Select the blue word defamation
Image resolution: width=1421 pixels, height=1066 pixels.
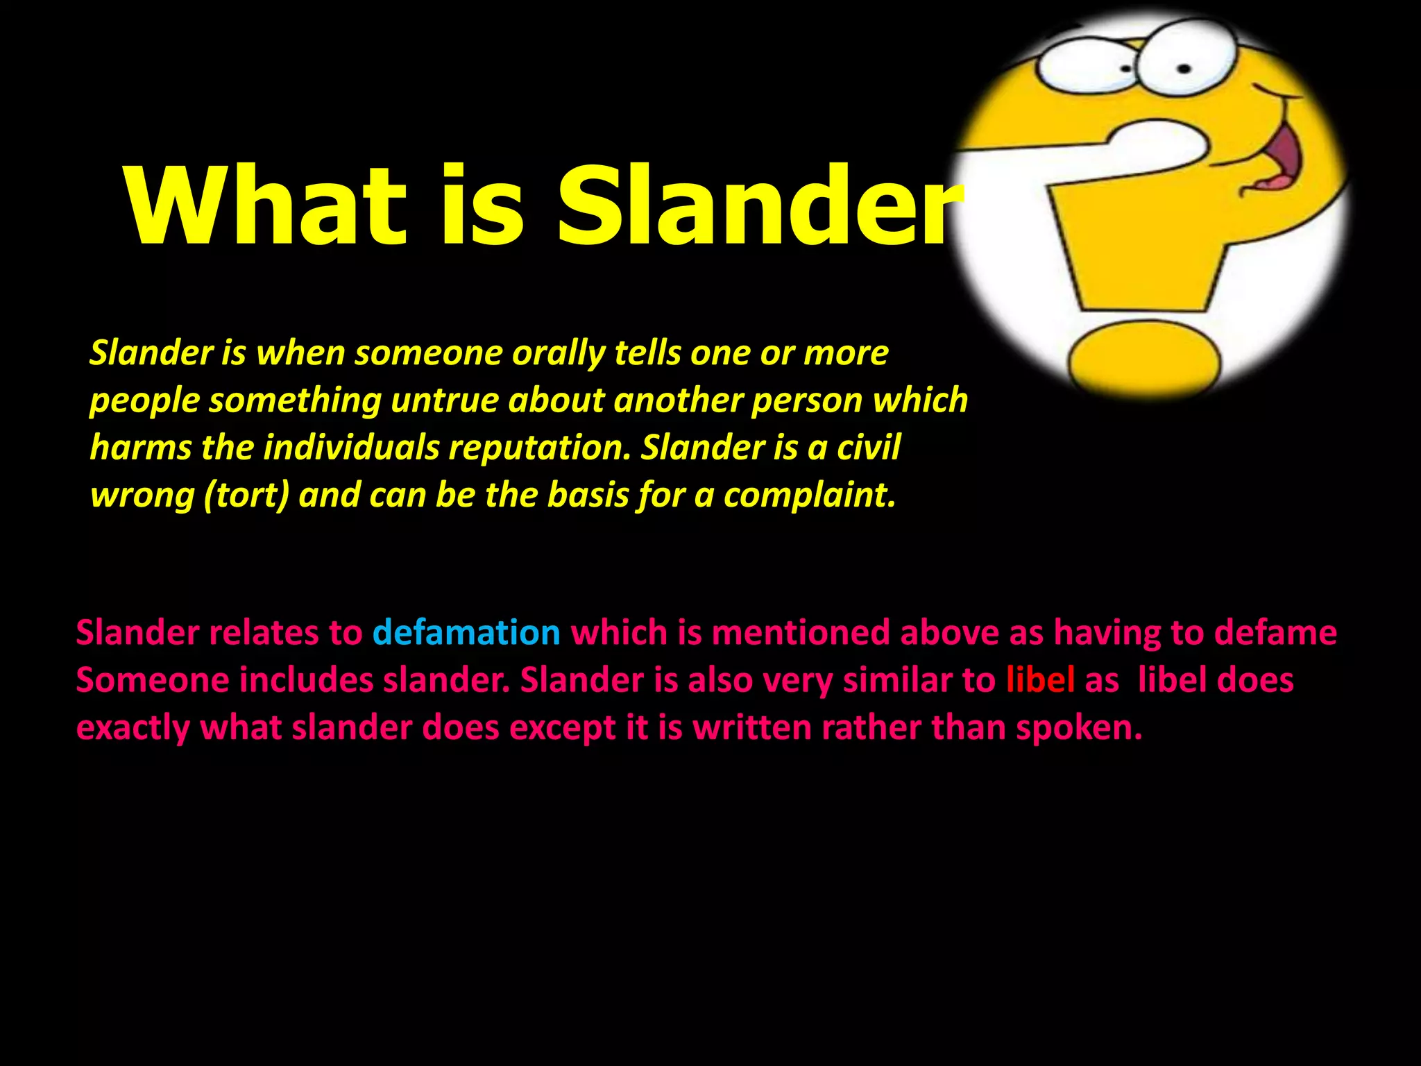[x=466, y=633]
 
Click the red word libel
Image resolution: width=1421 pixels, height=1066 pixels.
[x=1040, y=680]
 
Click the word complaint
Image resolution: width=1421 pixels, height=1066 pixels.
[x=810, y=496]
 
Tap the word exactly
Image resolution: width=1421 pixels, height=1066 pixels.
[x=133, y=727]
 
